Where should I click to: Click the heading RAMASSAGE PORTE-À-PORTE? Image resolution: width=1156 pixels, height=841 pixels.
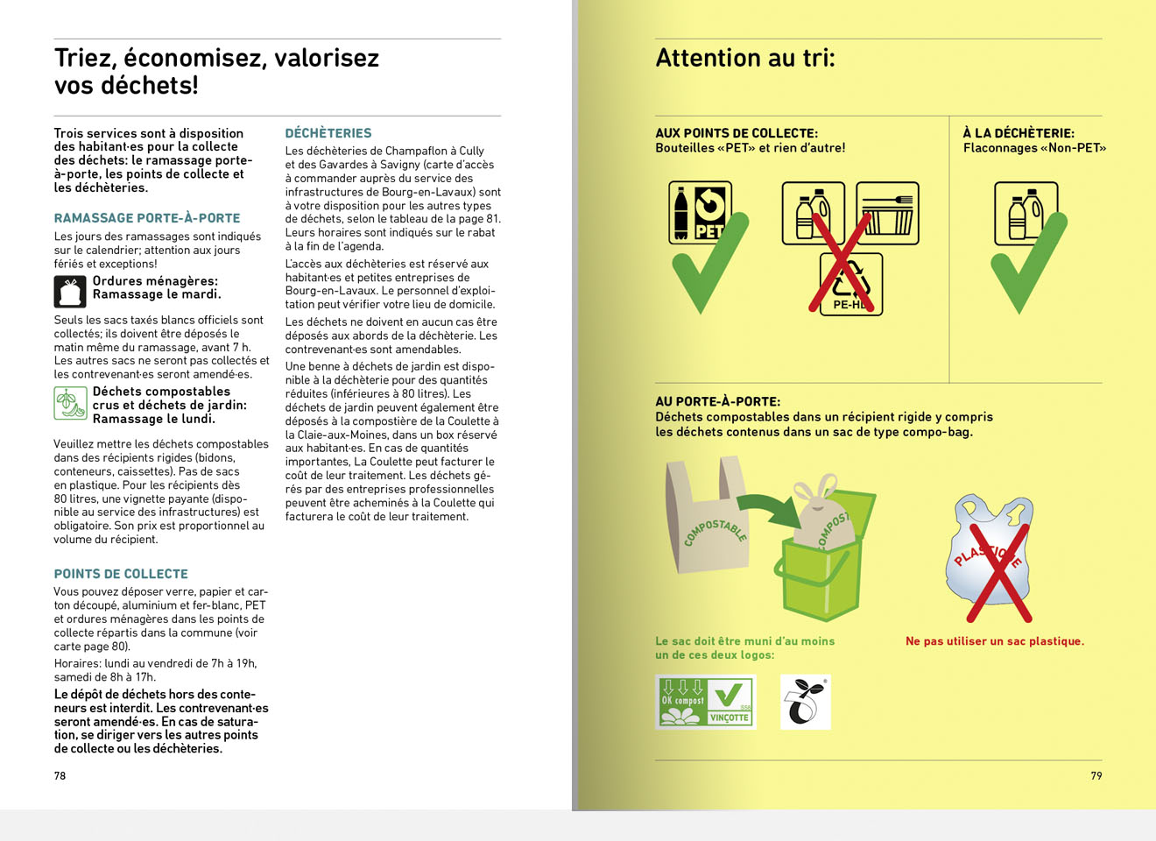146,218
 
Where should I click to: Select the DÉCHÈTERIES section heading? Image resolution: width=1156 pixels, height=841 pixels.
328,133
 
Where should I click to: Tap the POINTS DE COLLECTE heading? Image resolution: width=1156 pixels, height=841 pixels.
121,574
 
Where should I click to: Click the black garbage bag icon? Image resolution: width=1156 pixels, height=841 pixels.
69,292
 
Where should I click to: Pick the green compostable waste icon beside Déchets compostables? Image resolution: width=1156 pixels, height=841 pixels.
69,403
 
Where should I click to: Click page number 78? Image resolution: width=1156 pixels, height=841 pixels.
60,775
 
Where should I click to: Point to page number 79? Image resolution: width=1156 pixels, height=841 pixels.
1096,775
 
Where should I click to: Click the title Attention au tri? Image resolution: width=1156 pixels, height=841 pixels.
745,58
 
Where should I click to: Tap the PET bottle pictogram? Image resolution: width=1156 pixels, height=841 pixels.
700,212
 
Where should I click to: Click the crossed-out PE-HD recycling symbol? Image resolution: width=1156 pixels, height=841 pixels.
850,284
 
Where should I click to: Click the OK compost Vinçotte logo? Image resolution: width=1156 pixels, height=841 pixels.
705,702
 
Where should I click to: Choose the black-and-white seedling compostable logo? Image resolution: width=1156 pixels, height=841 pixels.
805,702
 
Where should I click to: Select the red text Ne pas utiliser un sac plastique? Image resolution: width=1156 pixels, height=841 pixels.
994,641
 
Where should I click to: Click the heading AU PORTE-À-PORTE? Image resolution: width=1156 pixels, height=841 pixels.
717,401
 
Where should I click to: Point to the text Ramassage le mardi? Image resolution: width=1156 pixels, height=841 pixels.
156,294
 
